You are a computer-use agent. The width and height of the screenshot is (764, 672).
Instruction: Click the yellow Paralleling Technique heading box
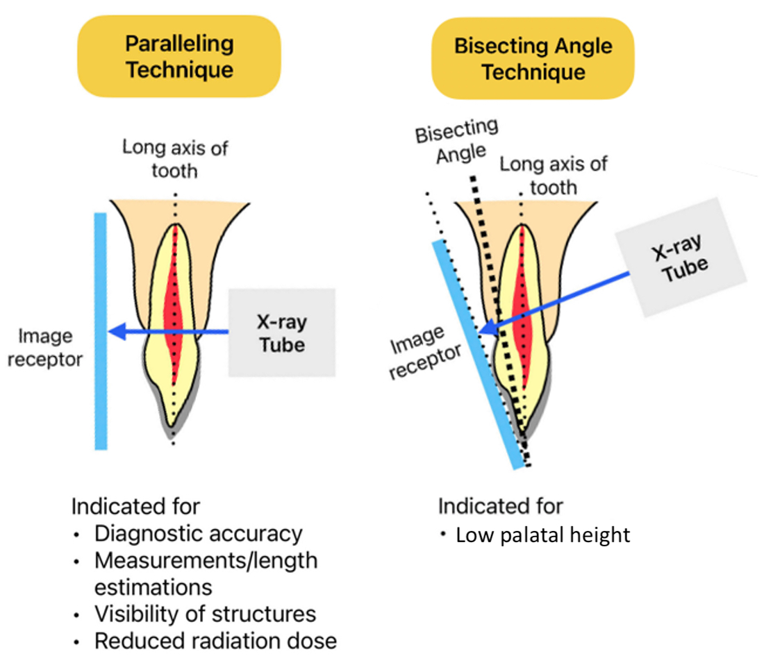[x=179, y=56]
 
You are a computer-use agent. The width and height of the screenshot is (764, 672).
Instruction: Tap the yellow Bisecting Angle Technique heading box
[x=533, y=58]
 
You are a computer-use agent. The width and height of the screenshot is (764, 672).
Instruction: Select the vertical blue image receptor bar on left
[x=101, y=330]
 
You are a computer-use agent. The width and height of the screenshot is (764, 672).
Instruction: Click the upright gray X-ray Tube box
[x=281, y=333]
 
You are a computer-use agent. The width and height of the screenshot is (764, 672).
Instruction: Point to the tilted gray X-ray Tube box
[x=681, y=258]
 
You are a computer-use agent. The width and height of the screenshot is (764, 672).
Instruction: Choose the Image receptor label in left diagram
[x=50, y=347]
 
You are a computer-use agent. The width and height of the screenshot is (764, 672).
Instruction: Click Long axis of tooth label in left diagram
[x=175, y=158]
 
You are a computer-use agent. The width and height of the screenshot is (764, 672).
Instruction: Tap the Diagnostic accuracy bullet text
[x=198, y=533]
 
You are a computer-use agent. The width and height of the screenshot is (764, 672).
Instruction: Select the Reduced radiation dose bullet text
[x=215, y=641]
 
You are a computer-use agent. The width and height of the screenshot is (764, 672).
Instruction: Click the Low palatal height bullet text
[x=542, y=535]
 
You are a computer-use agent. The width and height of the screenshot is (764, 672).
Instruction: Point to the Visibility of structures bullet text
[x=205, y=614]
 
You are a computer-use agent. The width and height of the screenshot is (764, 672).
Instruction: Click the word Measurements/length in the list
[x=206, y=560]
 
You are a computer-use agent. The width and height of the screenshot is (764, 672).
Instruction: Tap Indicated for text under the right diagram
[x=500, y=506]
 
